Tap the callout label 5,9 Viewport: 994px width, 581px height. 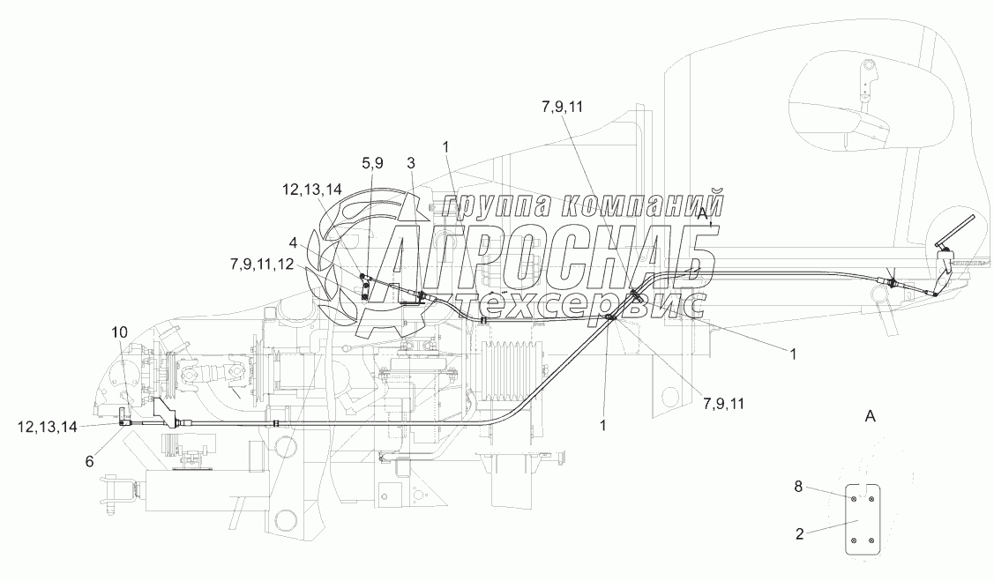point(372,162)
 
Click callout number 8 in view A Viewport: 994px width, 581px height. point(798,485)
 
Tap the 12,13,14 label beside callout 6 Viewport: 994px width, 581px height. point(45,426)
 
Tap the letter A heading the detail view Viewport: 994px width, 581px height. point(870,414)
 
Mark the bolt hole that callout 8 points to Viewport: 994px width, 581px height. point(854,499)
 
